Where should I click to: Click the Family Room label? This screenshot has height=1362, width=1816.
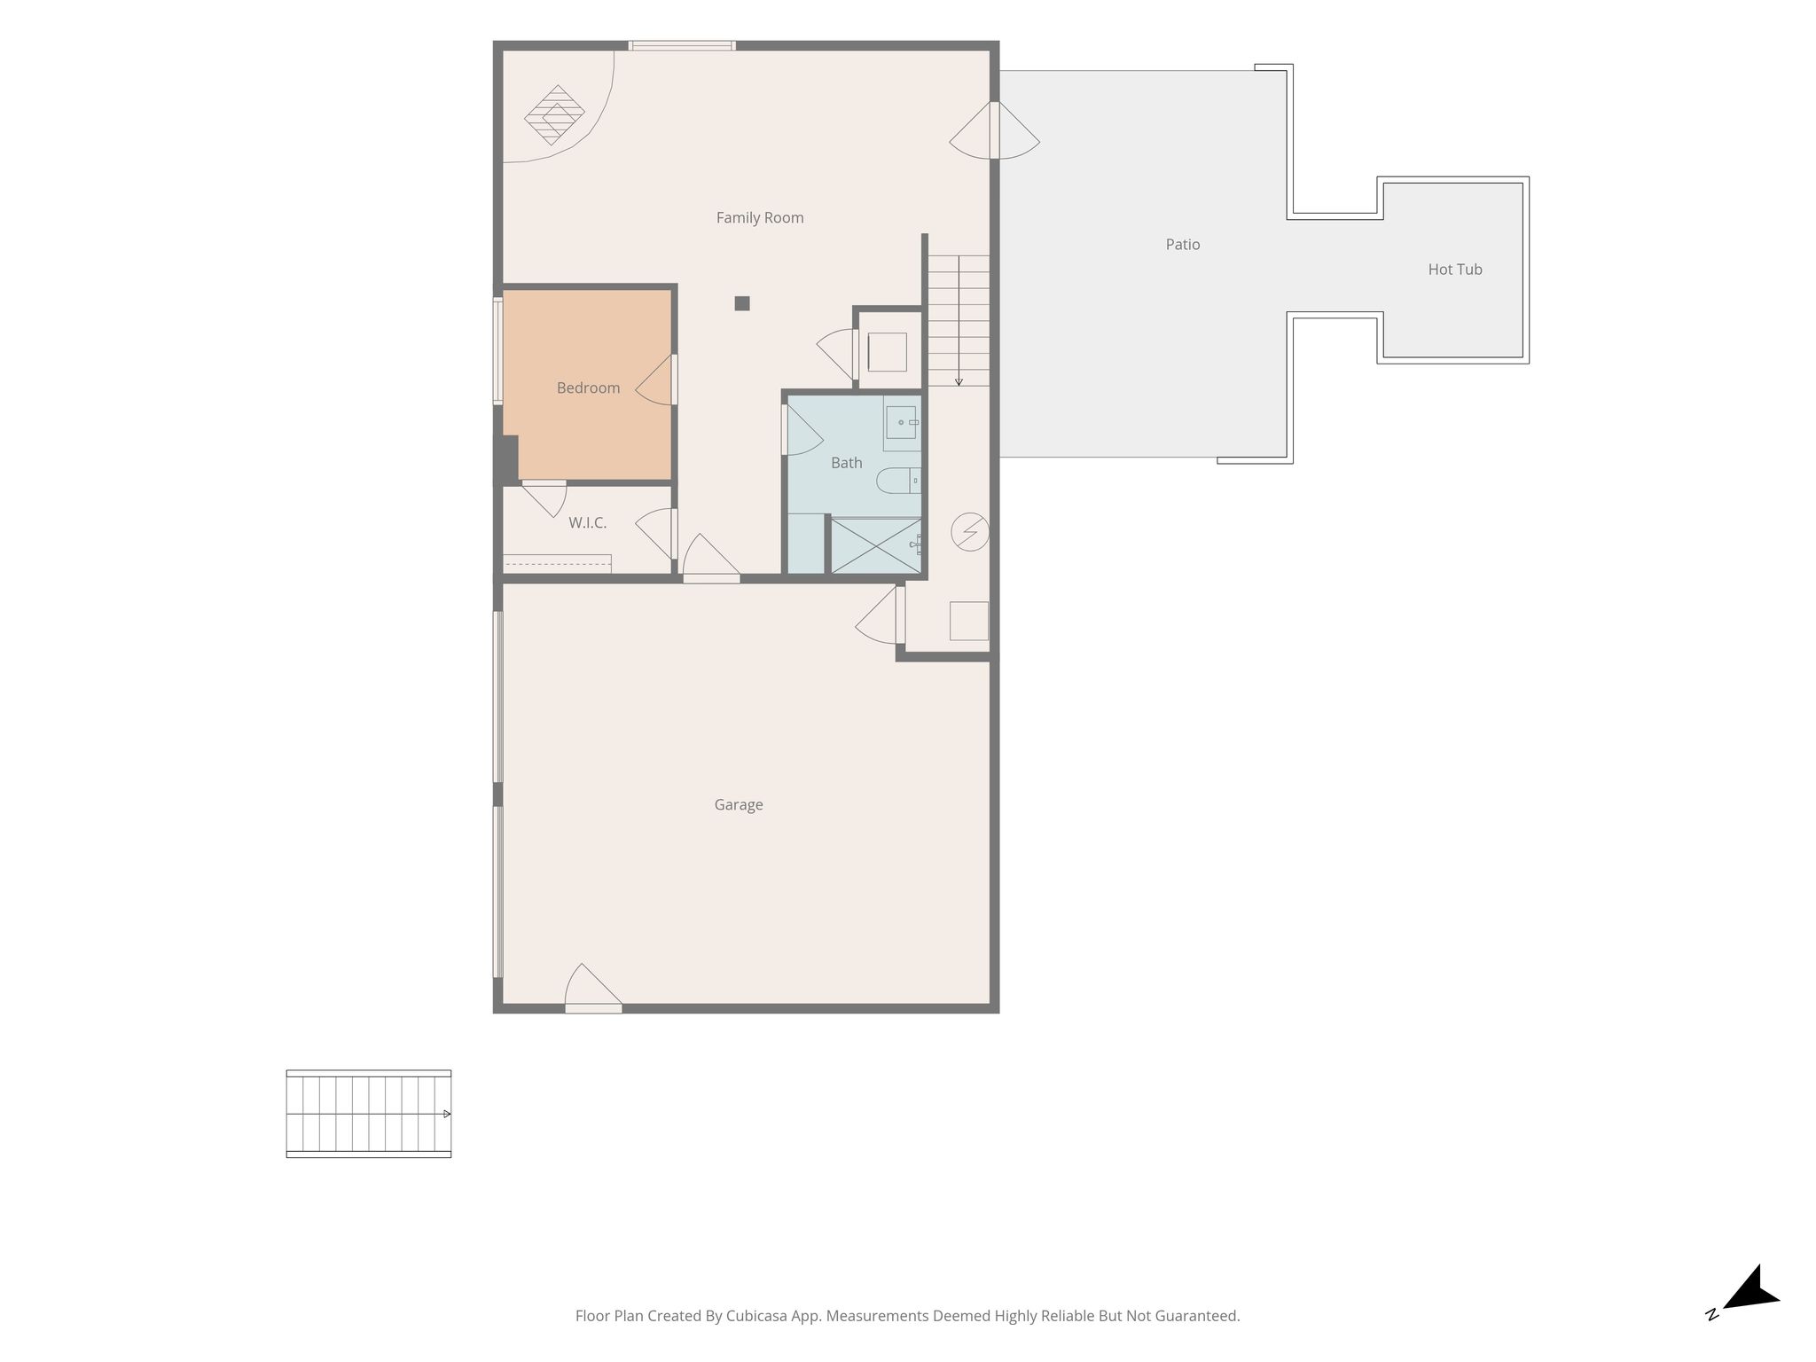[x=760, y=217]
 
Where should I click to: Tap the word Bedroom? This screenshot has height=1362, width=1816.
[x=588, y=387]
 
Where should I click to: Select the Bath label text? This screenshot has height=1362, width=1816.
[x=847, y=462]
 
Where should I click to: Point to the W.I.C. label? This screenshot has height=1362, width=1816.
[x=588, y=523]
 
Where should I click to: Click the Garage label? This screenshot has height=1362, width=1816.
[x=739, y=804]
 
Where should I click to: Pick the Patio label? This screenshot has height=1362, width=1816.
[x=1183, y=244]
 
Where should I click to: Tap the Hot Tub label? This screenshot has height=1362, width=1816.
[x=1455, y=269]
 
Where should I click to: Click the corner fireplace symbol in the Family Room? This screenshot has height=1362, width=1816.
[x=554, y=115]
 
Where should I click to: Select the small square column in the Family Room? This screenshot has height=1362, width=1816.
[x=742, y=303]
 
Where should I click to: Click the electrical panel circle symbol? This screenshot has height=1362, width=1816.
[x=970, y=532]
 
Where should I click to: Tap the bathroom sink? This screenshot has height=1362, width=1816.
[x=902, y=428]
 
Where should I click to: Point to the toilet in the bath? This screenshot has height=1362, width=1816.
[x=898, y=481]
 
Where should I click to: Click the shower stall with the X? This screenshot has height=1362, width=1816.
[x=876, y=546]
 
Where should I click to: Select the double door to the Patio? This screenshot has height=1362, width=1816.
[x=995, y=130]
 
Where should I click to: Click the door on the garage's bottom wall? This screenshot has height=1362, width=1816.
[x=593, y=989]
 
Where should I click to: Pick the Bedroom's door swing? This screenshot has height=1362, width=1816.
[x=656, y=380]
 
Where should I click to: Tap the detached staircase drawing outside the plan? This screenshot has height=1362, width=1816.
[x=369, y=1114]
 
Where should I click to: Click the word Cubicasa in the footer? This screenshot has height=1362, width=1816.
[x=757, y=1316]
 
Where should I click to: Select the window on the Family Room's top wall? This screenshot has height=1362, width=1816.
[x=682, y=45]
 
